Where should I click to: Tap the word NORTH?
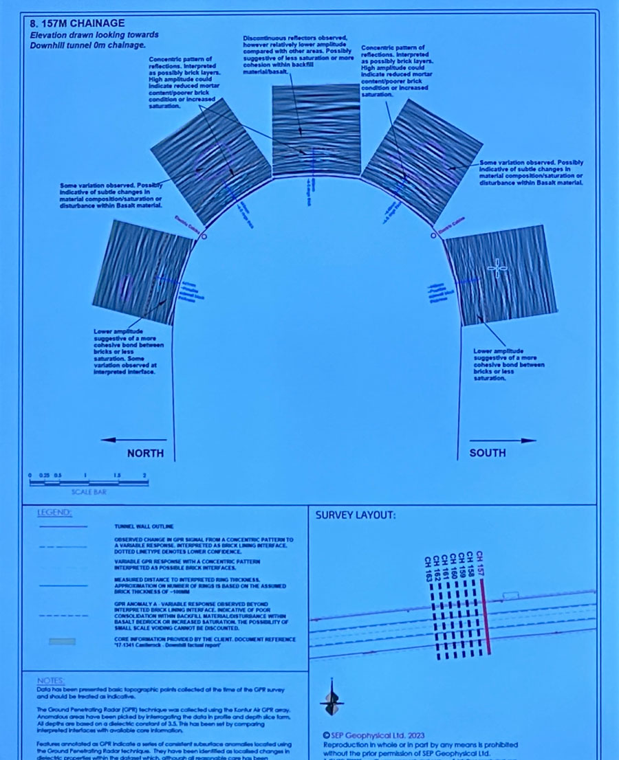(x=145, y=453)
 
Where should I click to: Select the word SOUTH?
(x=487, y=453)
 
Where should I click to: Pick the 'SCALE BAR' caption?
(x=89, y=492)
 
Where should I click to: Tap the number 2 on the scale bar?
(x=145, y=476)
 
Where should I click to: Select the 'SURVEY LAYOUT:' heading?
(x=354, y=515)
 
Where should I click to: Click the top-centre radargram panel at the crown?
(x=316, y=129)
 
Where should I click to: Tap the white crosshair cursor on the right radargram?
(x=498, y=268)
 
